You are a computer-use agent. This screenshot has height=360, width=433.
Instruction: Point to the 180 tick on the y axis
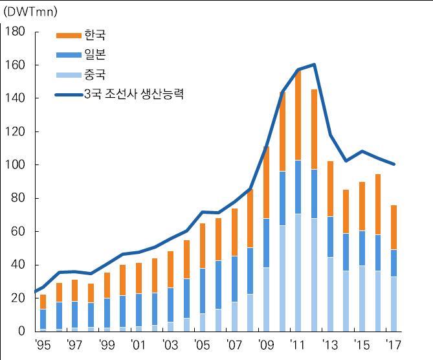pos(15,32)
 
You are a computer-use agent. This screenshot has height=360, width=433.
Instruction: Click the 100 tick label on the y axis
pos(15,165)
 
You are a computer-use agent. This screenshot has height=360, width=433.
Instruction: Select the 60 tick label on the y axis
pos(18,232)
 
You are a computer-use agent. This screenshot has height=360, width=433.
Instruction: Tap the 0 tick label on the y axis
pos(21,332)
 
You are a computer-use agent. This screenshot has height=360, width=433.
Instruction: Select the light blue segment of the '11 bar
pos(298,272)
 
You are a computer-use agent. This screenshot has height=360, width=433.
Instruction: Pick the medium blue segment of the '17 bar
pos(394,263)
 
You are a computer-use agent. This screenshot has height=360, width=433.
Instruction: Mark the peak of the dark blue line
pos(314,64)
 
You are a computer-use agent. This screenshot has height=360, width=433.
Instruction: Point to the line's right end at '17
pos(394,164)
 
